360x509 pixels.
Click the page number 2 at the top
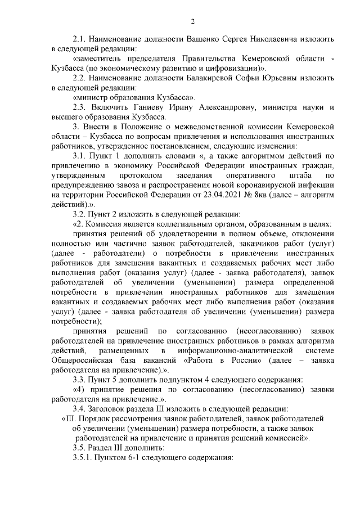point(192,22)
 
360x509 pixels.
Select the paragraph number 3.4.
point(81,408)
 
